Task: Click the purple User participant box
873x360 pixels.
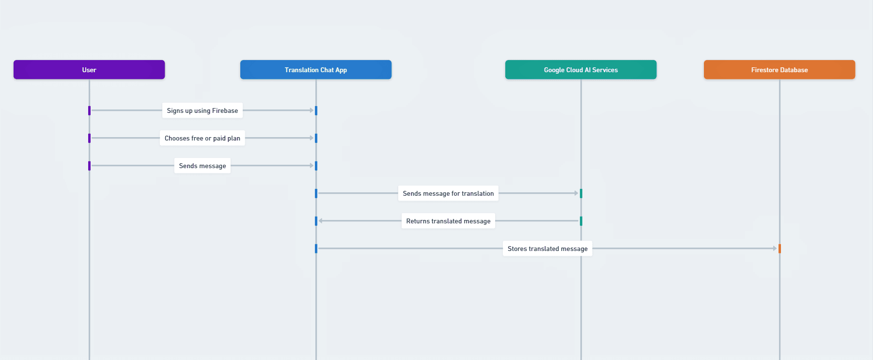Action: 89,70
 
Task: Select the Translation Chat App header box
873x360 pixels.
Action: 316,70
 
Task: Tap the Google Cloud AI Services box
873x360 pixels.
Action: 581,70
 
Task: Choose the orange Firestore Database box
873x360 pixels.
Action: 779,70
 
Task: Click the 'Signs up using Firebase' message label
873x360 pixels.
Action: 203,110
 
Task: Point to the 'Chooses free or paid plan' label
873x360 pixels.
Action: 203,138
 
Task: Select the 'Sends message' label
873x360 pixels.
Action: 203,166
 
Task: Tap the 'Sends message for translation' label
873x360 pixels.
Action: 448,193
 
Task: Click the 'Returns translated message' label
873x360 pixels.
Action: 448,221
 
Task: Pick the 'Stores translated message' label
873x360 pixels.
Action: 547,249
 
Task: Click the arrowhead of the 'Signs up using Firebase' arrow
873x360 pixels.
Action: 312,110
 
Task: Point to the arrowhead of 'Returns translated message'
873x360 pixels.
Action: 321,221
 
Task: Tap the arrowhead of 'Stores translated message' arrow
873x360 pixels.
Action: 775,249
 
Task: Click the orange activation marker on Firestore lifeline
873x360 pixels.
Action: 779,249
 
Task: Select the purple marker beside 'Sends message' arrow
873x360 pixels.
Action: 89,166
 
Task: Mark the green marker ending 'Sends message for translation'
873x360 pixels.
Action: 581,193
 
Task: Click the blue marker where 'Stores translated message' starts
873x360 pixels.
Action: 316,249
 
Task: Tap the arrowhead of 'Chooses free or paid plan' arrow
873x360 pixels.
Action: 312,138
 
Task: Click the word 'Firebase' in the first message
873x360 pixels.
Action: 225,110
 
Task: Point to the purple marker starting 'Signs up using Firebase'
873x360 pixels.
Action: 89,110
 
